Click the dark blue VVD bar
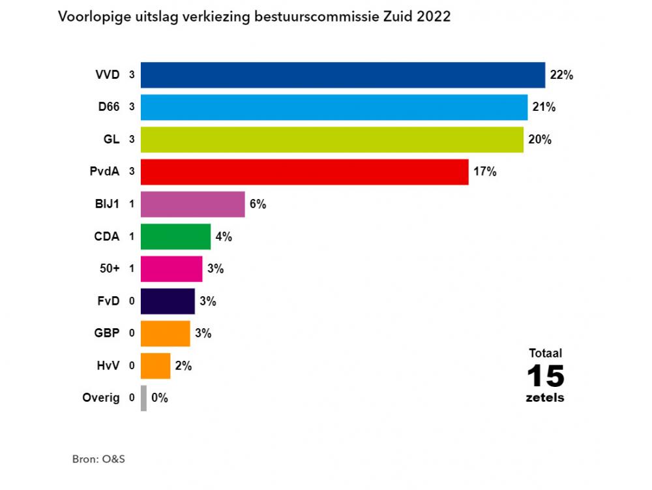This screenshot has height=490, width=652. click(x=342, y=75)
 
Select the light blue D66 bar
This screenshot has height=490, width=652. click(x=334, y=107)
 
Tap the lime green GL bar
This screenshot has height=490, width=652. click(x=332, y=140)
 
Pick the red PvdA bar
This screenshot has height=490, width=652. click(x=304, y=172)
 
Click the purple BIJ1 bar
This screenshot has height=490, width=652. click(x=192, y=204)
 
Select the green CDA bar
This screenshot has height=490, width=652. click(x=175, y=236)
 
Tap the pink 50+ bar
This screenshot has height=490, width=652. click(x=171, y=268)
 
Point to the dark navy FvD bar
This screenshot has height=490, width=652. click(x=168, y=301)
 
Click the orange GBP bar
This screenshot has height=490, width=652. click(x=165, y=333)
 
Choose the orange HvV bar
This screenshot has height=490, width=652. click(x=155, y=365)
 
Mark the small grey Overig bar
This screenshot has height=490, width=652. click(x=143, y=397)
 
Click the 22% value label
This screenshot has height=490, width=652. click(x=561, y=75)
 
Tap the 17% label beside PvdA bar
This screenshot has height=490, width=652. click(x=485, y=172)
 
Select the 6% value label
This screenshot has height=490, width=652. click(x=258, y=204)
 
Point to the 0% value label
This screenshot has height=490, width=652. click(x=160, y=397)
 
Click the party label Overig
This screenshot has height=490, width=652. click(x=101, y=397)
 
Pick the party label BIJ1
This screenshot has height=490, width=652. click(x=106, y=204)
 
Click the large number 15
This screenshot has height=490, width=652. click(x=545, y=376)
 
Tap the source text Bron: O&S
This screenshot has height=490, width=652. click(x=98, y=459)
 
